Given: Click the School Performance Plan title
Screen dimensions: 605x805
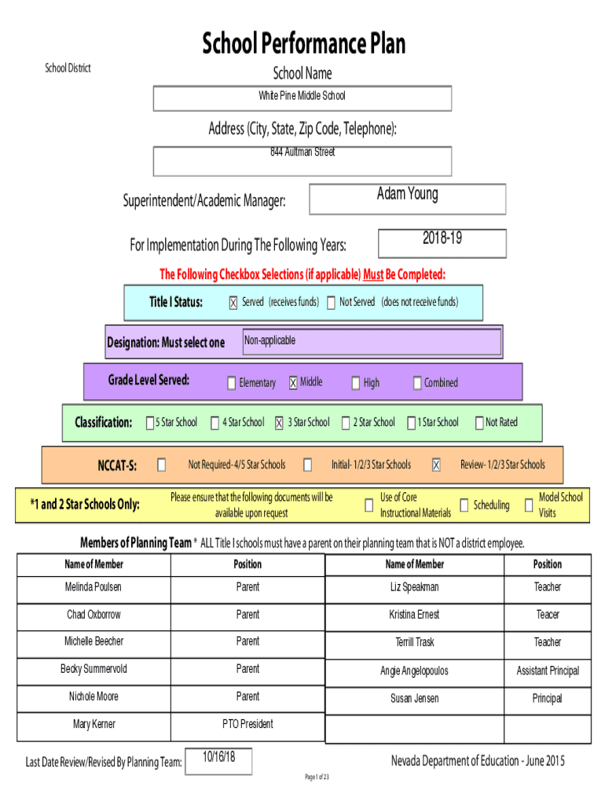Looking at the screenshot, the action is point(303,43).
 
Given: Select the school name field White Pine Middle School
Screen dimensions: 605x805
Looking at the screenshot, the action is point(302,98).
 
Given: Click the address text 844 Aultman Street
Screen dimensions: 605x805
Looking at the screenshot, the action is point(302,152).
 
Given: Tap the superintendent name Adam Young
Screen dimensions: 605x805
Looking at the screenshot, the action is point(408,194).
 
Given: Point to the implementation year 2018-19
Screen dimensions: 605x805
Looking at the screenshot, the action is point(442,237).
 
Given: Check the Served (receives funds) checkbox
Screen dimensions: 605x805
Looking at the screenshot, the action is point(233,303).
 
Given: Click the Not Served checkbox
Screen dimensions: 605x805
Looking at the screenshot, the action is point(331,303).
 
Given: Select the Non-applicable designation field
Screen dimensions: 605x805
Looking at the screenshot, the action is point(372,341).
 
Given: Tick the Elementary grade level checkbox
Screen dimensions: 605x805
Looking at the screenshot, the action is point(232,383).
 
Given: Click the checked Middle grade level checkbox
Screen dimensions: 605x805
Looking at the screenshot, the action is point(293,383).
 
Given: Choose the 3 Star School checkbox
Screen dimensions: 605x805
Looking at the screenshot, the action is point(279,423).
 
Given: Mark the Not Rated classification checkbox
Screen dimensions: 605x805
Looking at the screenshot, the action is point(479,423).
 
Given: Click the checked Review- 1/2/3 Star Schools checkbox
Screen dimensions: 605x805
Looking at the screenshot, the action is point(436,465).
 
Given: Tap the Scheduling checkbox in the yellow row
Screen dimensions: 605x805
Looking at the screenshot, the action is point(464,505).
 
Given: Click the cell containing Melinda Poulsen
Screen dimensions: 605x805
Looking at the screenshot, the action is point(94,590).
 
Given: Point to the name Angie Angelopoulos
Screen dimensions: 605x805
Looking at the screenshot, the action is point(414,671).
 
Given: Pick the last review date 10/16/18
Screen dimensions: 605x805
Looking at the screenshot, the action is point(218,757).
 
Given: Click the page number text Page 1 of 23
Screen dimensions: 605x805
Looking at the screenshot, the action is point(317,777).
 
